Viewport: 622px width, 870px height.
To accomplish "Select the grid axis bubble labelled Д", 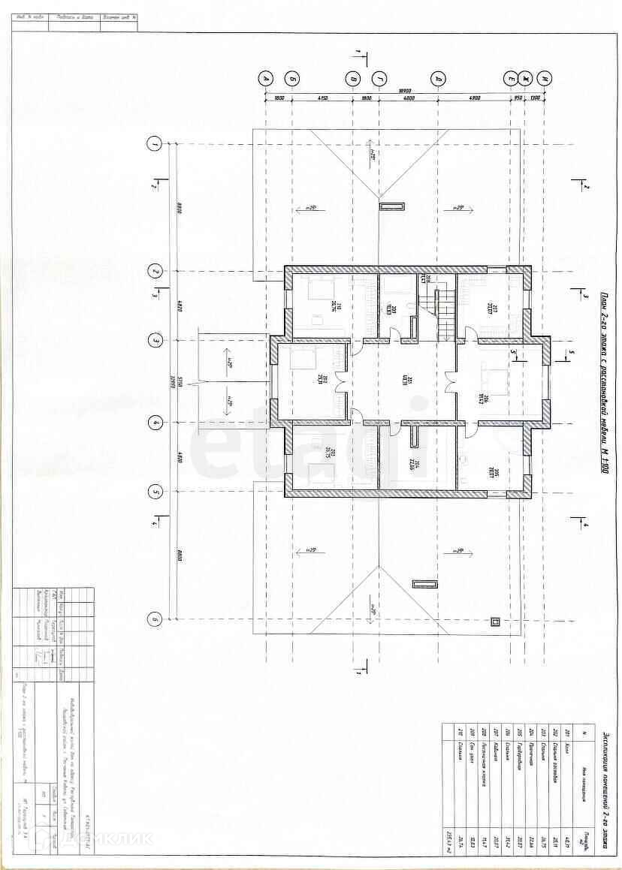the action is point(437,77).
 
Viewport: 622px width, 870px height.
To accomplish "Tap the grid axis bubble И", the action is point(546,77).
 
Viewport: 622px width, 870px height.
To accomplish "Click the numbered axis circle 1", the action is point(155,143).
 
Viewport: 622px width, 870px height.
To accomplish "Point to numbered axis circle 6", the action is point(155,619).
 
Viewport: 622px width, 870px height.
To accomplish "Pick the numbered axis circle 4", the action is point(155,423).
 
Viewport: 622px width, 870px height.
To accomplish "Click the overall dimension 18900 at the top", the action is point(406,91).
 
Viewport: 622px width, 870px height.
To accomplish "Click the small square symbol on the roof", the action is point(494,621).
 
